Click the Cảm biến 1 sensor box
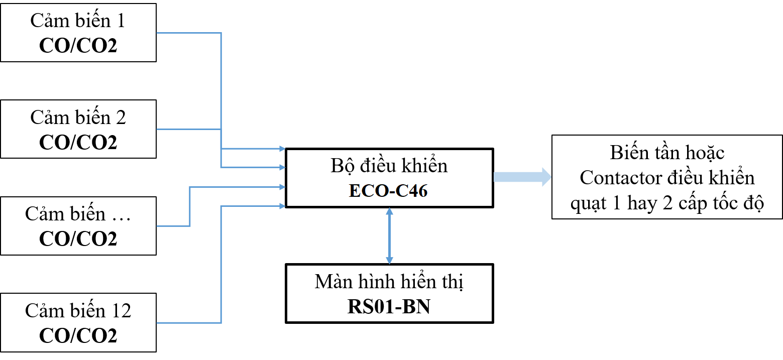(x=78, y=33)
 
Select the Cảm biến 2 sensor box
(x=78, y=129)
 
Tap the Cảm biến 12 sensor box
(x=78, y=322)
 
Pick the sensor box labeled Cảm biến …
(x=78, y=225)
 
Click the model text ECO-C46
(x=388, y=191)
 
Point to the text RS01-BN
(x=389, y=307)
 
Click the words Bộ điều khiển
(x=389, y=166)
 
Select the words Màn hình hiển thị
(x=389, y=282)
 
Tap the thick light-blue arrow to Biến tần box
(x=522, y=177)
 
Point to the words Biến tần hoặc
(x=667, y=152)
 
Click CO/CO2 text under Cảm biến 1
(x=78, y=46)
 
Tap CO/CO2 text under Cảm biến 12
(x=78, y=335)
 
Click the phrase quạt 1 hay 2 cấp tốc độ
(x=667, y=203)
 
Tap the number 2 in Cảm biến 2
(x=121, y=117)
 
